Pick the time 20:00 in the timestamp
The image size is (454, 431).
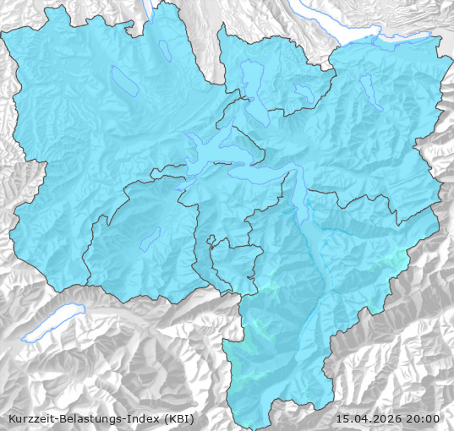coord(424,418)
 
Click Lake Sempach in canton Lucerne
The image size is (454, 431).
coord(124,79)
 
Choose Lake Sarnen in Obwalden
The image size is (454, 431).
coord(151,238)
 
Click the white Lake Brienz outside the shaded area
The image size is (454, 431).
coord(52,325)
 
